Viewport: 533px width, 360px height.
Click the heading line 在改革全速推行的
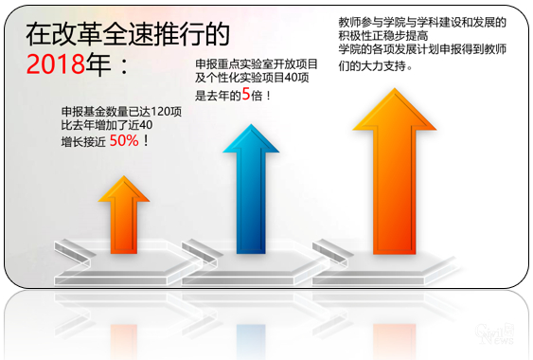click(x=127, y=35)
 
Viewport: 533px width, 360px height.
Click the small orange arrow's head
click(x=124, y=189)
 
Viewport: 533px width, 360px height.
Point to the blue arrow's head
click(x=251, y=140)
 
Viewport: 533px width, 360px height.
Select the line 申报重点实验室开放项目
click(x=255, y=63)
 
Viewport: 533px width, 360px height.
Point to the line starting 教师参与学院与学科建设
click(x=422, y=22)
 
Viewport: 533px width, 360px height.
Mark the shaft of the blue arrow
click(x=251, y=204)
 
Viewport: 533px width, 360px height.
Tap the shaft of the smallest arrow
click(x=124, y=227)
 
